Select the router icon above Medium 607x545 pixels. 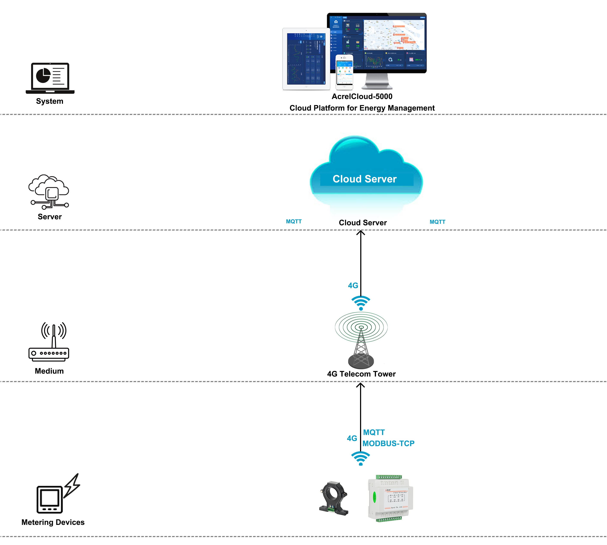click(x=49, y=342)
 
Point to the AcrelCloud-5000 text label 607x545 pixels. click(x=362, y=96)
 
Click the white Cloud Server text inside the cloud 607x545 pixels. click(x=364, y=179)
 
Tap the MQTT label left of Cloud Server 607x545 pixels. click(x=294, y=222)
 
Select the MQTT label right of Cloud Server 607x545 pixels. click(x=437, y=222)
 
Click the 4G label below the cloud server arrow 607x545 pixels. click(x=353, y=285)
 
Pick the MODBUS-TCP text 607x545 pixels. click(x=388, y=444)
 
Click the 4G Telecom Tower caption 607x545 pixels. click(x=361, y=374)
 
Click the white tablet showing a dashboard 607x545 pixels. click(x=306, y=59)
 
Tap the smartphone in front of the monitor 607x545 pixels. click(x=344, y=72)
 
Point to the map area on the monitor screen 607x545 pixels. click(x=394, y=35)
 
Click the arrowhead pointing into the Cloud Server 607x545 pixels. click(x=360, y=233)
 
